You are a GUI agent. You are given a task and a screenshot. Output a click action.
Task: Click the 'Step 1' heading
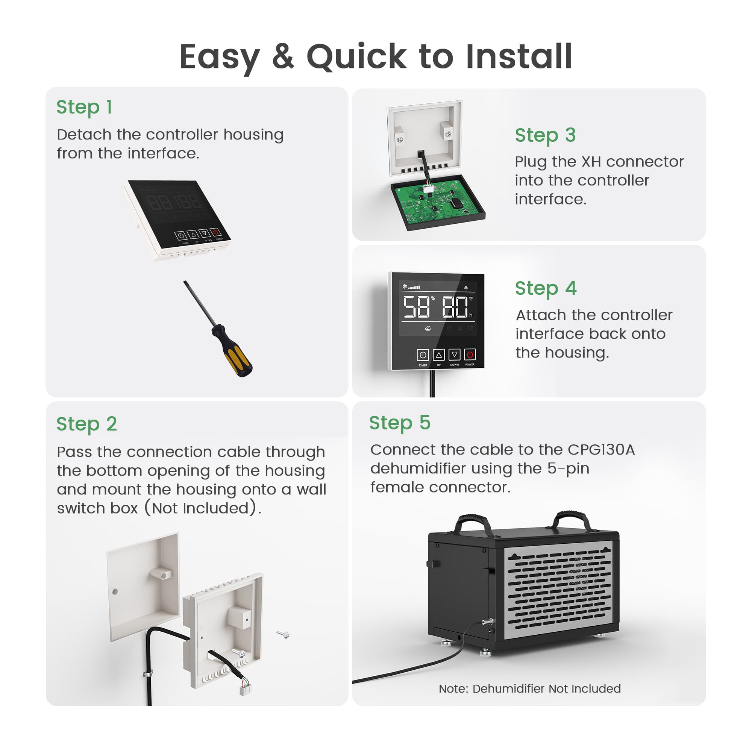coord(84,107)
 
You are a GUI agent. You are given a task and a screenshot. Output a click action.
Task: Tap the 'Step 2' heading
coord(86,424)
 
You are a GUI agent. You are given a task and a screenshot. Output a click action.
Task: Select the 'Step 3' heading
coord(545,135)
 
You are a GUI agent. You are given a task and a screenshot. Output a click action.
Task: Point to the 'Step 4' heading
coord(545,288)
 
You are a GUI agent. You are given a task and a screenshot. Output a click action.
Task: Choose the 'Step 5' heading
coord(400,423)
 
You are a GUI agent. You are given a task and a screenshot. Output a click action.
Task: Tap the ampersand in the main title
coord(283,57)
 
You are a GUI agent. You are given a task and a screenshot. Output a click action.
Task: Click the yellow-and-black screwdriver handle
coord(232,351)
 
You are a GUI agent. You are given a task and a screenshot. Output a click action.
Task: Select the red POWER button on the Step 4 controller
coord(470,355)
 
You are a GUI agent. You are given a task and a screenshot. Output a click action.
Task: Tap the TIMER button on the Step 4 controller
coord(423,355)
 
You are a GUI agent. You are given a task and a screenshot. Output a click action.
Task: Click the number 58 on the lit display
coord(416,307)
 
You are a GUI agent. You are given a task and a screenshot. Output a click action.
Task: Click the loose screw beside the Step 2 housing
coord(284,634)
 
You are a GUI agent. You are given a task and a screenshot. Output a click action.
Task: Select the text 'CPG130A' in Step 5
coord(601,450)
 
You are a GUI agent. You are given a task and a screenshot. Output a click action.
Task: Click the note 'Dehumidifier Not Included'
coord(546,688)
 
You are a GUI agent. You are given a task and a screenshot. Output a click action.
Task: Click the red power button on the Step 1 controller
coord(215,232)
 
